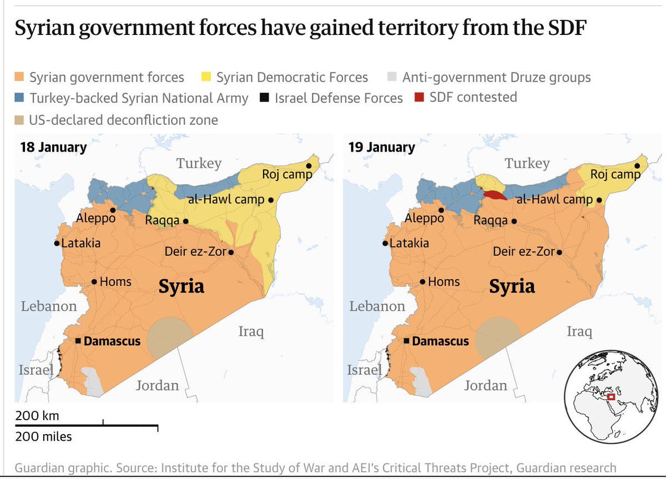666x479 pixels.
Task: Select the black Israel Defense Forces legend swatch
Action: [x=264, y=98]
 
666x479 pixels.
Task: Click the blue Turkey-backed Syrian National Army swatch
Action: [x=20, y=98]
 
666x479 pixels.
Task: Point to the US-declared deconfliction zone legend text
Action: [x=124, y=119]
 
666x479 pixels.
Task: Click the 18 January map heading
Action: [x=53, y=147]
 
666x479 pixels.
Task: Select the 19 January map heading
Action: [x=382, y=147]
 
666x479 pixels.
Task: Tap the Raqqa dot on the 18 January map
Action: [x=185, y=221]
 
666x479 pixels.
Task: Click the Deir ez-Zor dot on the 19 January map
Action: [x=559, y=253]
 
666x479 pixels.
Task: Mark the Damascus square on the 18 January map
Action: [x=78, y=341]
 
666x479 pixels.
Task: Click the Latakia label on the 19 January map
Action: [x=409, y=243]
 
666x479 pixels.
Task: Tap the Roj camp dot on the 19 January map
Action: [x=637, y=166]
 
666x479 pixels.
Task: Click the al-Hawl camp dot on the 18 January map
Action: [x=270, y=200]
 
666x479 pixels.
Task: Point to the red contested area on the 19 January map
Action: [x=493, y=195]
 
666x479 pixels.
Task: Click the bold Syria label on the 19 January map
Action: [x=512, y=286]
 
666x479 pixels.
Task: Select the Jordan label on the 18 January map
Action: [x=158, y=385]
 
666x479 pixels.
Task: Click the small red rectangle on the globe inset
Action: [x=612, y=397]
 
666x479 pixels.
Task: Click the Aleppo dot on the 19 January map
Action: [x=441, y=210]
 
